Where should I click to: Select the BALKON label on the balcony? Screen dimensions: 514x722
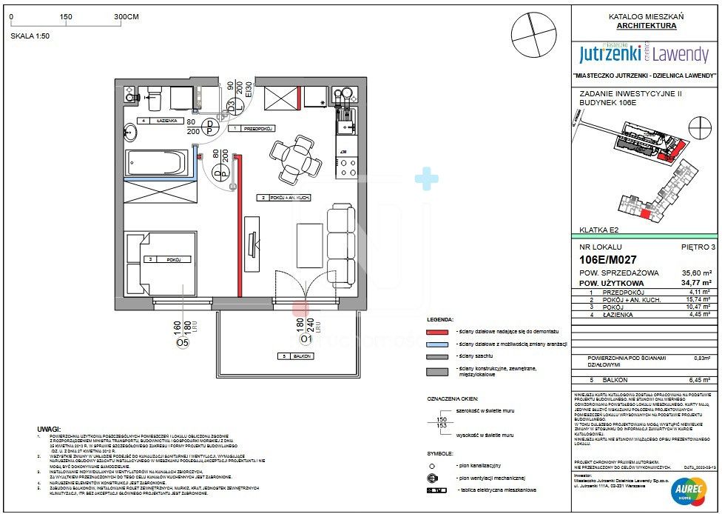(x=296, y=356)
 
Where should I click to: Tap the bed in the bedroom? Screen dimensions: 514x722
(x=161, y=261)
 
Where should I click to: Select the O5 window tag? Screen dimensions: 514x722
(x=183, y=342)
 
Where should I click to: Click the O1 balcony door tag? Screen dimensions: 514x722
(x=305, y=340)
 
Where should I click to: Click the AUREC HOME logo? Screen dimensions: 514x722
(x=687, y=488)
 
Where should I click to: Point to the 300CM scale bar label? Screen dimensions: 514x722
(x=127, y=16)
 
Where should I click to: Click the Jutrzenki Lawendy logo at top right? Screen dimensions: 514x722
(x=644, y=53)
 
